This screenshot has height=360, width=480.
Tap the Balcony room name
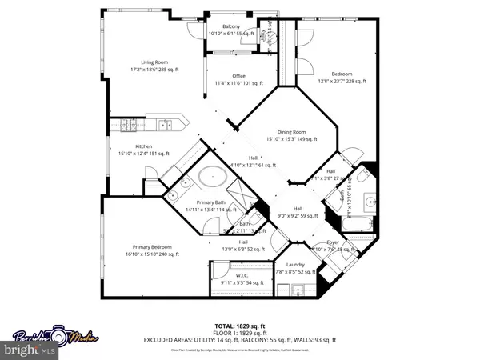point(230,27)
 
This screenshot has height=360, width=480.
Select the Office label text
point(238,76)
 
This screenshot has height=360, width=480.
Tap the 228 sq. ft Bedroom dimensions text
point(343,81)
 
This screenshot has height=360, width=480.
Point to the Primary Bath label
point(210,202)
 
